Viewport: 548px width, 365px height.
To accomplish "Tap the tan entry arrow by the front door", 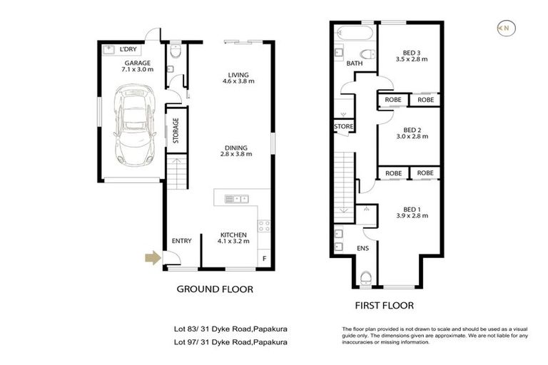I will pyautogui.click(x=152, y=259).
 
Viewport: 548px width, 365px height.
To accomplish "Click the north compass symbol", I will pyautogui.click(x=505, y=28).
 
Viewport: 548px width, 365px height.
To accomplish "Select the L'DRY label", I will pyautogui.click(x=128, y=49).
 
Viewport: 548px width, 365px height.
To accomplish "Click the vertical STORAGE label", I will pyautogui.click(x=175, y=130).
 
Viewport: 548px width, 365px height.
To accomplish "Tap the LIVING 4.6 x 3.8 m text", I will pyautogui.click(x=236, y=78).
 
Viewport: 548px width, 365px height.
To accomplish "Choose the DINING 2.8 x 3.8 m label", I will pyautogui.click(x=236, y=150).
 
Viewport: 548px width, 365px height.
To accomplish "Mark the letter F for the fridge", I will pyautogui.click(x=265, y=258).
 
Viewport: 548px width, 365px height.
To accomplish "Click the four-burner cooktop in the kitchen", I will pyautogui.click(x=263, y=227).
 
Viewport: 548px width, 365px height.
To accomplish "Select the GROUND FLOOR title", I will pyautogui.click(x=215, y=289).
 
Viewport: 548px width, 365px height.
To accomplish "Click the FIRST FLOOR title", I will pyautogui.click(x=384, y=305).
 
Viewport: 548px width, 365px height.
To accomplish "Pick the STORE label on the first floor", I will pyautogui.click(x=343, y=127).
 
